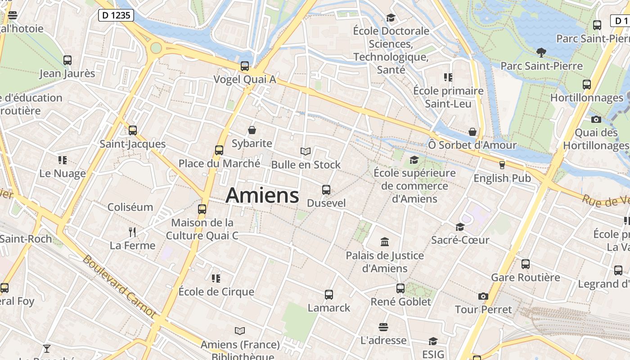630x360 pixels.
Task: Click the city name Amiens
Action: tap(262, 195)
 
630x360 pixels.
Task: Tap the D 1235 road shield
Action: tap(116, 15)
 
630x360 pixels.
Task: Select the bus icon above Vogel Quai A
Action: tap(245, 66)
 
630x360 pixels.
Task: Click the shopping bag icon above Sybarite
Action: tap(252, 130)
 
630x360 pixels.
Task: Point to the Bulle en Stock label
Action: tap(306, 165)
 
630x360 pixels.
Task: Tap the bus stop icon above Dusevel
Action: tap(326, 190)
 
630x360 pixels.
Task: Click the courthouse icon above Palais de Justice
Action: tap(385, 242)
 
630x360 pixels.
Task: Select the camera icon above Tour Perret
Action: tap(483, 296)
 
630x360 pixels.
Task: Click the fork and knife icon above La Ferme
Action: tap(132, 232)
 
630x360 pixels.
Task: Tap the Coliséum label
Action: tap(130, 207)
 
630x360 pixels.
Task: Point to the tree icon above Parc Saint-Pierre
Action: tap(541, 53)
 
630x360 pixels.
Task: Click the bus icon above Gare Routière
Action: tap(526, 264)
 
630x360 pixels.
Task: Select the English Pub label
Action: tap(502, 178)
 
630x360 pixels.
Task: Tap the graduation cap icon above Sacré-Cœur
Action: tap(460, 227)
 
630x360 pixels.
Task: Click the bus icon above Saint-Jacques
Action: tap(133, 130)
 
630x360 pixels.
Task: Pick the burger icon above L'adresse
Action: tap(383, 327)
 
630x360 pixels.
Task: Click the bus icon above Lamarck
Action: tap(329, 295)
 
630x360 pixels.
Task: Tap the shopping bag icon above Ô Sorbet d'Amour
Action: tap(472, 132)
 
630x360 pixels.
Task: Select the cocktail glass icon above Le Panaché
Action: tap(46, 348)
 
